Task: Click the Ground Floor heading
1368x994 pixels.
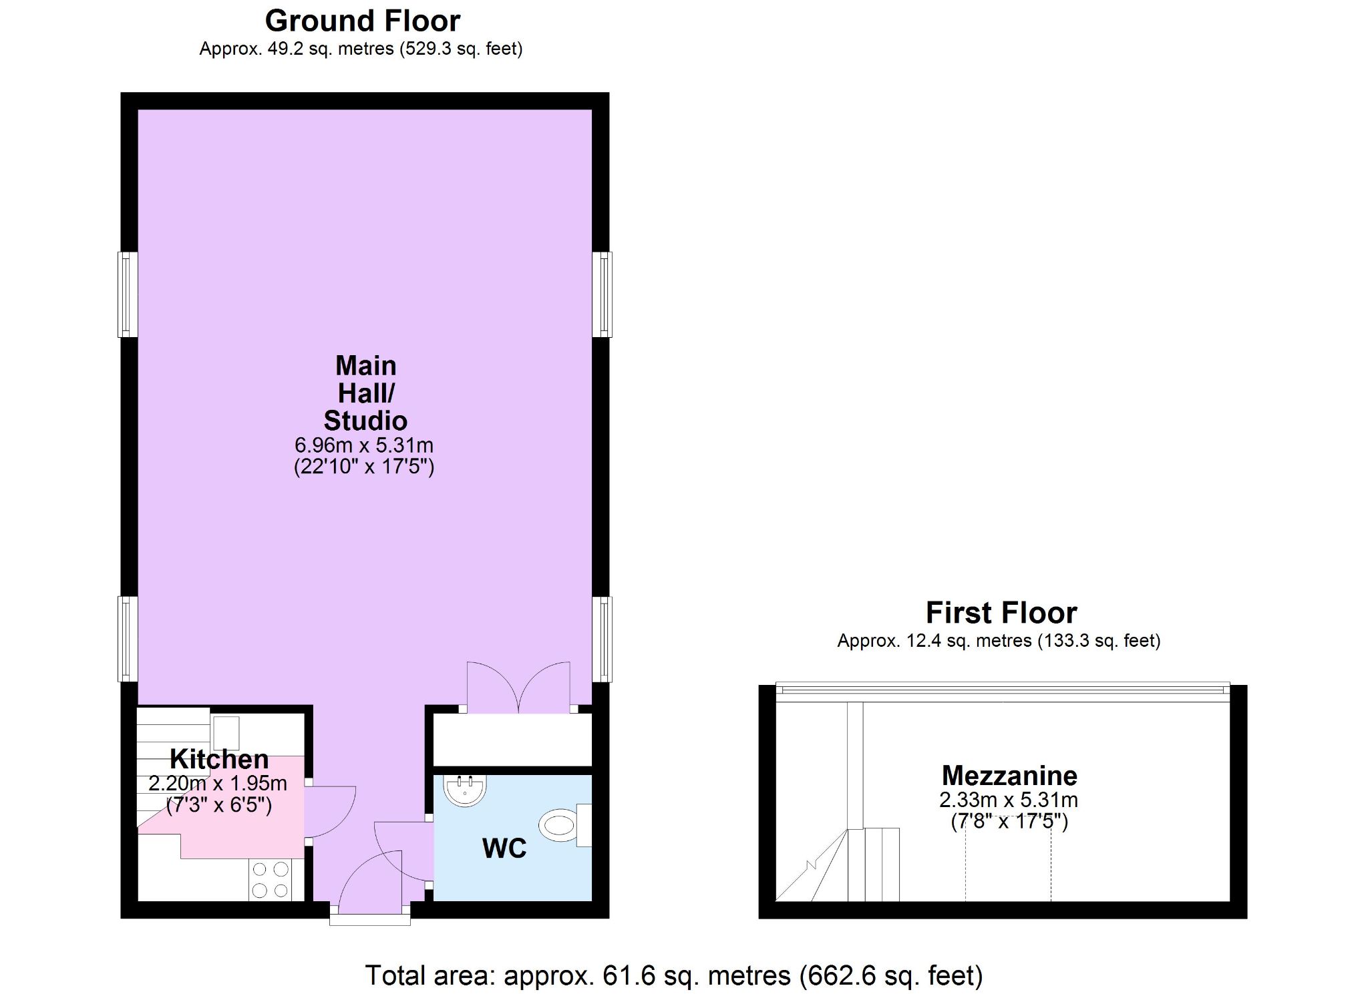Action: [x=363, y=21]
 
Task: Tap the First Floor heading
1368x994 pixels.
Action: [x=1001, y=613]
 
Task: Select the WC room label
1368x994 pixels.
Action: [x=504, y=848]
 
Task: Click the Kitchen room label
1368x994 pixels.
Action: [x=219, y=759]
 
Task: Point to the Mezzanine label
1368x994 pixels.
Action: [x=1009, y=776]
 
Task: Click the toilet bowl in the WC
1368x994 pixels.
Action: [x=560, y=826]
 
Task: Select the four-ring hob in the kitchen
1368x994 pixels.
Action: [x=271, y=879]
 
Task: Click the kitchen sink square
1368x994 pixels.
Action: [x=226, y=733]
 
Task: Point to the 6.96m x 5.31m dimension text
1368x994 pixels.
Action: [x=364, y=445]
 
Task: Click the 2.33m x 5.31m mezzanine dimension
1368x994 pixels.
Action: [x=1009, y=800]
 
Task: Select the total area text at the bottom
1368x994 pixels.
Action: [x=674, y=975]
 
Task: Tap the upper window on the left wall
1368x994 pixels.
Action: [x=128, y=294]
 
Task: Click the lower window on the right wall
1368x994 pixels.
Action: [x=603, y=639]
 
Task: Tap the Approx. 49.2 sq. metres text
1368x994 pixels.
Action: [x=361, y=49]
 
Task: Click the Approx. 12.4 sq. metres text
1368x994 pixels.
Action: [x=999, y=641]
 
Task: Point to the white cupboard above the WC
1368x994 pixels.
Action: [x=512, y=740]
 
